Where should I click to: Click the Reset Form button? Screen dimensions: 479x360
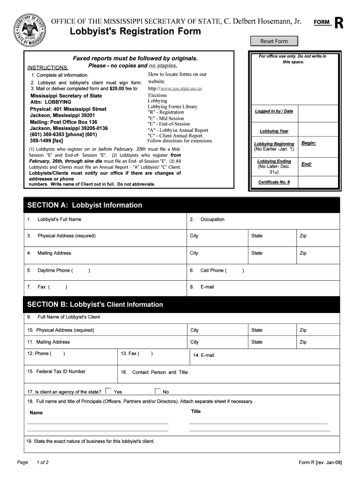tap(274, 41)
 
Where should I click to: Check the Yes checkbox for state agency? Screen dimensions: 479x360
tap(108, 391)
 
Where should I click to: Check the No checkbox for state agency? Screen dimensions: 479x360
tap(158, 391)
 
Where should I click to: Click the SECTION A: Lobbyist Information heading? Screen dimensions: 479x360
tap(85, 205)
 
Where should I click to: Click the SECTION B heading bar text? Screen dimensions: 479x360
tap(95, 305)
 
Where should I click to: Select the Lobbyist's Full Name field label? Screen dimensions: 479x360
tap(59, 219)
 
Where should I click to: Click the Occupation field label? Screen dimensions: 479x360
tap(212, 219)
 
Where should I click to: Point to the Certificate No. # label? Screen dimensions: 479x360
tap(274, 182)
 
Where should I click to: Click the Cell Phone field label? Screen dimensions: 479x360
tap(213, 270)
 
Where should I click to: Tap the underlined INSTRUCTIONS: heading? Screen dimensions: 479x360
tap(48, 68)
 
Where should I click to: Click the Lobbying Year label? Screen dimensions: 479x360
tap(274, 131)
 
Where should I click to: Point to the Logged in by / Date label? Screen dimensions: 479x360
tap(274, 111)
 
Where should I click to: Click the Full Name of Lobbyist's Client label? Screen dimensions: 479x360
tap(69, 317)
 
